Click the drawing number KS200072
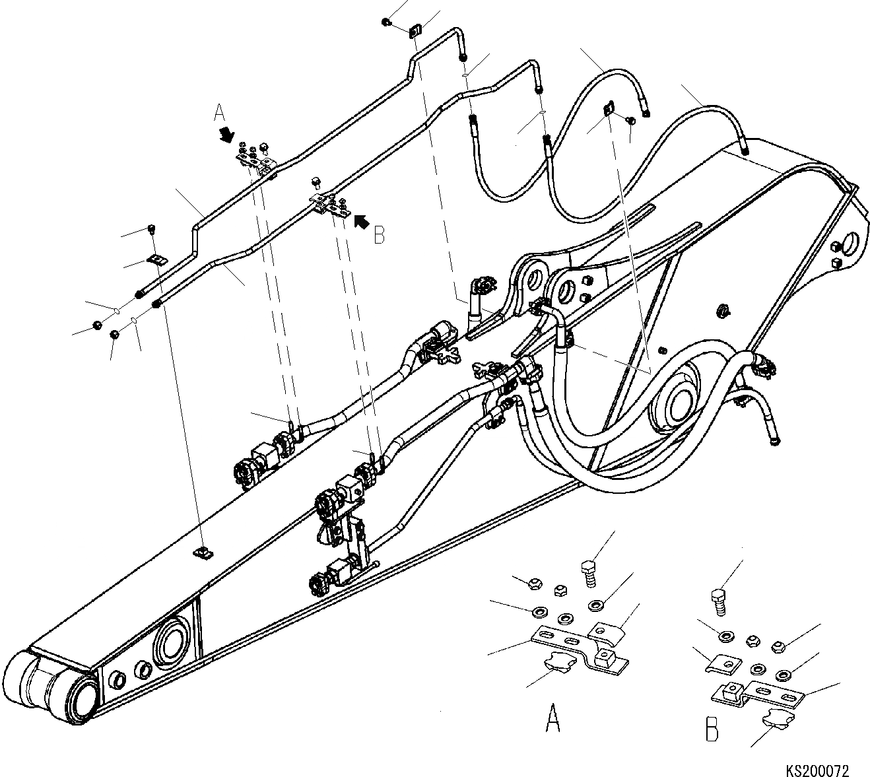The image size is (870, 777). pyautogui.click(x=817, y=770)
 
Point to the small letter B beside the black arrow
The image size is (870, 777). pyautogui.click(x=379, y=235)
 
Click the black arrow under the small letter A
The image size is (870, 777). pyautogui.click(x=227, y=135)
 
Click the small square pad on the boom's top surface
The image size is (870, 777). pyautogui.click(x=204, y=552)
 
